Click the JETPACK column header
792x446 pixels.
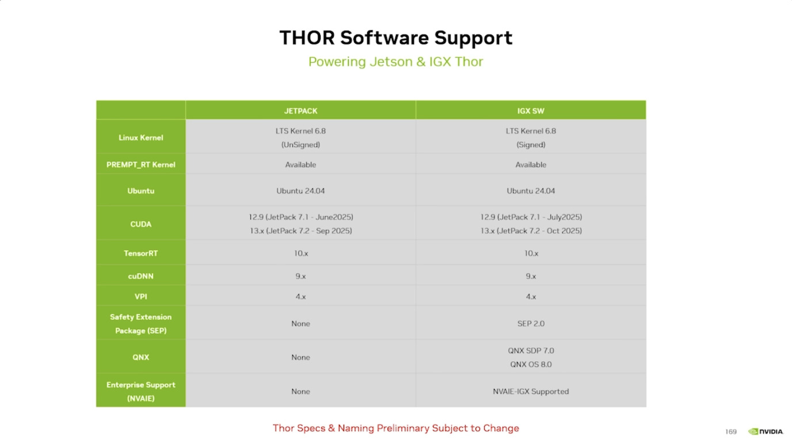coord(300,111)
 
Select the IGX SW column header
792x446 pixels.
coord(531,111)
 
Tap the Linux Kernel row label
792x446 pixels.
coord(140,138)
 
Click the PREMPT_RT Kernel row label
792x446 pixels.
coord(140,165)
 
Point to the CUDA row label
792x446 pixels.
coord(140,224)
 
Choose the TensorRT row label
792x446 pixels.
coord(140,254)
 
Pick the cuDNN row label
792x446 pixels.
coord(140,276)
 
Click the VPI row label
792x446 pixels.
coord(140,297)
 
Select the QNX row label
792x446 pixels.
coord(140,357)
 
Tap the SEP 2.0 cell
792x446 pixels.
coord(531,323)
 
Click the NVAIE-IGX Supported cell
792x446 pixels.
coord(531,391)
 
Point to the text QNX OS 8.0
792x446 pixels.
coord(531,364)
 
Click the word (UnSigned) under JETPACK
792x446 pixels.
coord(300,145)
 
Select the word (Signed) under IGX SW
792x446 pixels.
coord(531,145)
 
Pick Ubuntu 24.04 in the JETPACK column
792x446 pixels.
coord(300,191)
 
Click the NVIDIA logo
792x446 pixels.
coord(766,432)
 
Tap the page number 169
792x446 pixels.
coord(731,432)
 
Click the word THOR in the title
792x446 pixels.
coord(307,37)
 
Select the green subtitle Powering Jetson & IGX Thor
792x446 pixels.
coord(395,62)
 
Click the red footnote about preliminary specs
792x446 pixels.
coord(395,428)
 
